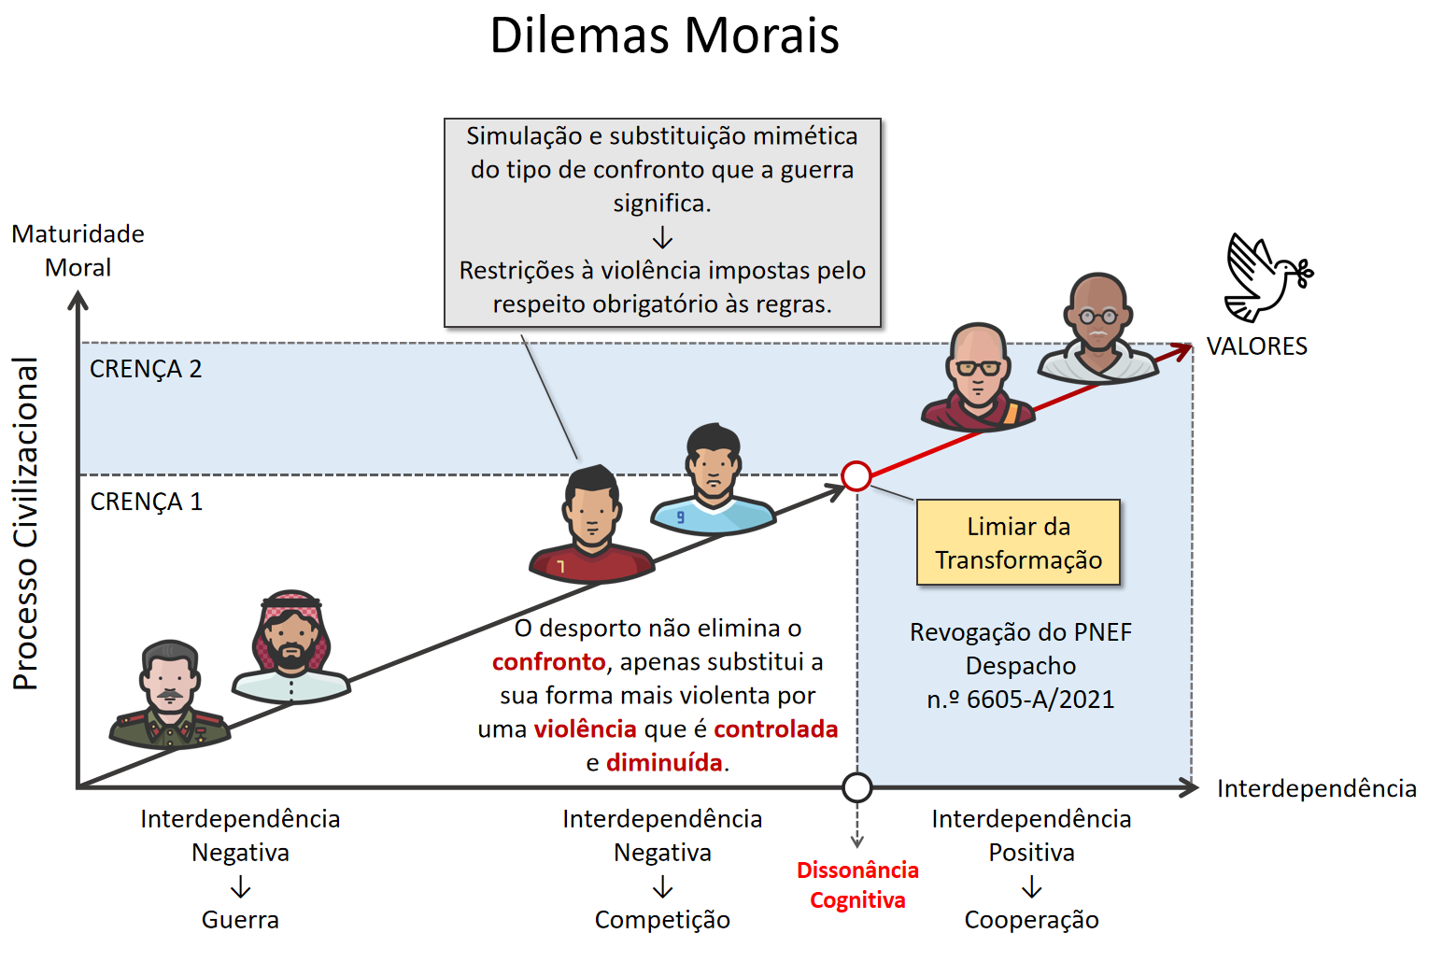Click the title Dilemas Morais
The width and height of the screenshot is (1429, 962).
664,35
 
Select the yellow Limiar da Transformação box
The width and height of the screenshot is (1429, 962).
1018,543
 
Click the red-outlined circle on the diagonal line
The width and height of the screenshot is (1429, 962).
856,475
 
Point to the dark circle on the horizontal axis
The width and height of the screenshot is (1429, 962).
856,787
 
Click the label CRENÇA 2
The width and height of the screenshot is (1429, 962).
146,369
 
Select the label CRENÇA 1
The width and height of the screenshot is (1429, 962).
147,502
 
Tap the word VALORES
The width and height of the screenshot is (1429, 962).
1256,347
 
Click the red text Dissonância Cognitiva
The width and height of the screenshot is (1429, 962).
857,884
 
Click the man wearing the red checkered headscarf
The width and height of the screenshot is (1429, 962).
291,646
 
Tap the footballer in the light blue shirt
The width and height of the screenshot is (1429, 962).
714,482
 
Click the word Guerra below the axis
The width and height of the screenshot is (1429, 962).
240,920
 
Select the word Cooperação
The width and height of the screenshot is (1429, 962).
1031,920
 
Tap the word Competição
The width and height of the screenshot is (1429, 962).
662,920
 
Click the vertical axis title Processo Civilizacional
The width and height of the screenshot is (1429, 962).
26,523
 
